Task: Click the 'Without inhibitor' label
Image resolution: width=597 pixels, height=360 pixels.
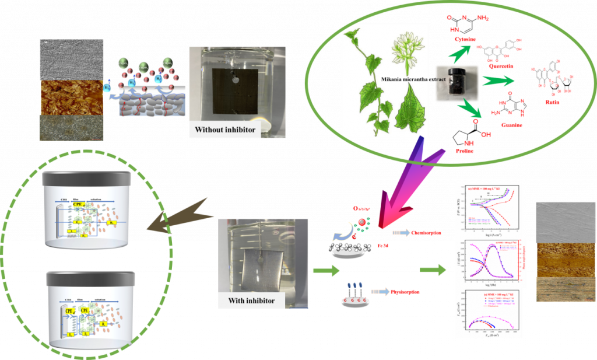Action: click(x=224, y=129)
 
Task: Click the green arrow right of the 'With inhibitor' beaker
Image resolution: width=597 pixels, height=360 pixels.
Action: click(x=326, y=271)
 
